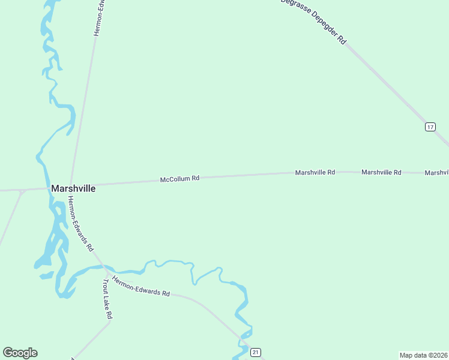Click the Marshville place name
[73, 188]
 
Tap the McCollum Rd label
[179, 179]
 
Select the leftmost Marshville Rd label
[315, 172]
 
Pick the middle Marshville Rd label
[381, 172]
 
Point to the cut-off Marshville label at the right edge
[436, 173]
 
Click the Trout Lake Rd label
[107, 298]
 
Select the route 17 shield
[430, 127]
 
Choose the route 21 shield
[256, 352]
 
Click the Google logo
[20, 353]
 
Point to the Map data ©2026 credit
[423, 355]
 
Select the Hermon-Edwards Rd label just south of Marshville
[80, 223]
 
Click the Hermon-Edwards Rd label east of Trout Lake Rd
[141, 285]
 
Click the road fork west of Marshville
[22, 191]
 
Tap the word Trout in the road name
[105, 286]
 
